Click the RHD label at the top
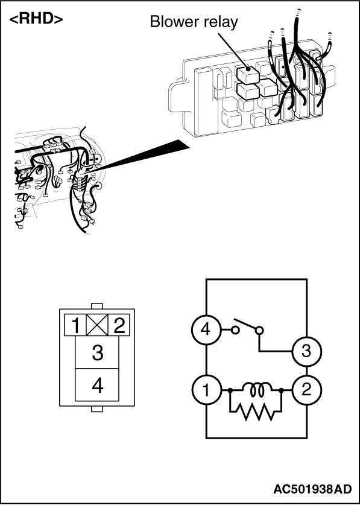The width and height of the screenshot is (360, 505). point(36,19)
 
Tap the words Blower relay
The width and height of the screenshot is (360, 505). point(194,22)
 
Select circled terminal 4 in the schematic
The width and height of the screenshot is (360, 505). point(206,330)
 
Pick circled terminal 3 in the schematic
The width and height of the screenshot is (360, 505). point(306,351)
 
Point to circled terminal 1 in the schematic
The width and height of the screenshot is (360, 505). point(206,390)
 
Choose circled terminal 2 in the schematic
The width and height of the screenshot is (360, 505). point(306,390)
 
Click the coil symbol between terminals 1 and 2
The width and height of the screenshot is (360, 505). point(256,389)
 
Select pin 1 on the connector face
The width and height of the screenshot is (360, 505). point(75,325)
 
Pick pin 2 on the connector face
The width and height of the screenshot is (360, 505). point(119,325)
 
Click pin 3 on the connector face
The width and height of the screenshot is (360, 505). point(97,352)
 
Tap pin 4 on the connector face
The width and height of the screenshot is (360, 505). point(97,385)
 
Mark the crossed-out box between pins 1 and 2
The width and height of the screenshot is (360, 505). point(97,325)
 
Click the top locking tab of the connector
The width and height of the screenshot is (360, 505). point(97,306)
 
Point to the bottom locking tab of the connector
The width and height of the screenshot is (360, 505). point(97,409)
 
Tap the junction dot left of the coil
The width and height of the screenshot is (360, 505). point(230,390)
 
